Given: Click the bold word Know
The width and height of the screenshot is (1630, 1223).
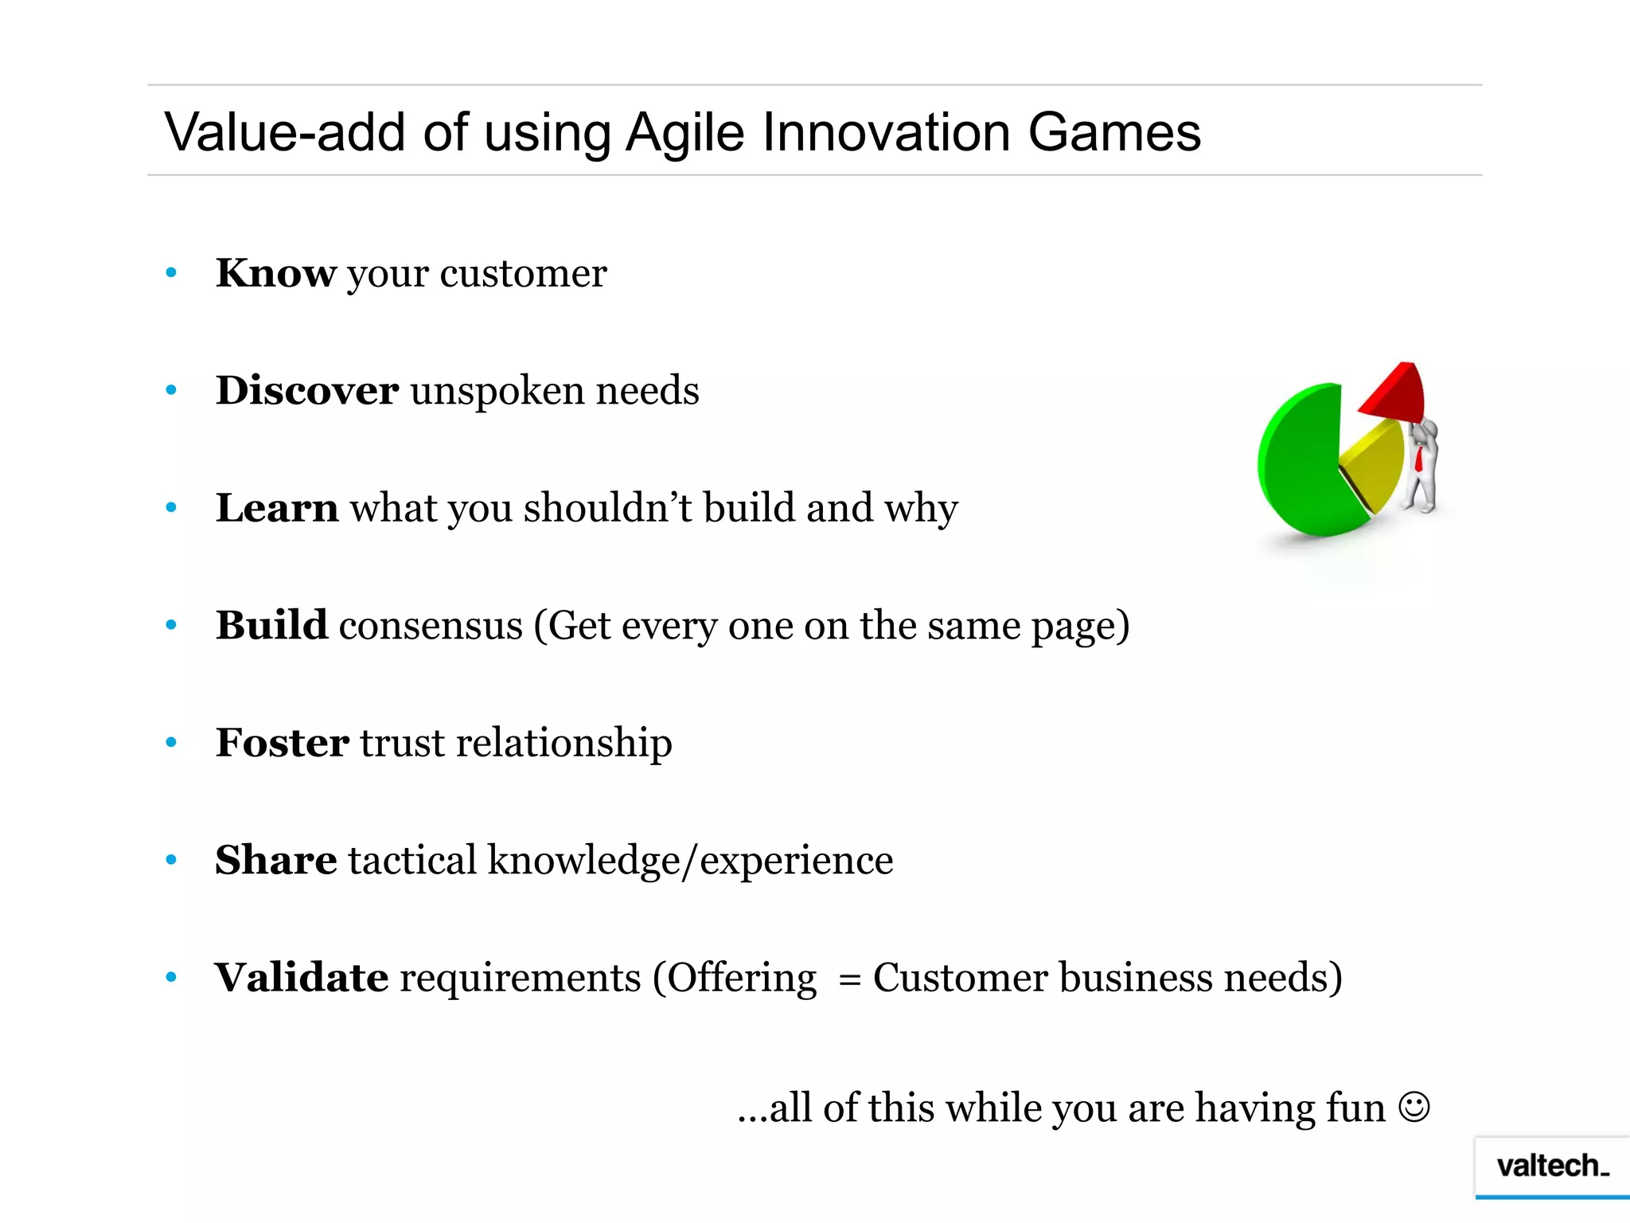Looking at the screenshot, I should (x=275, y=273).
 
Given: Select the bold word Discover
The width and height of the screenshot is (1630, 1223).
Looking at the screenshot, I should (x=306, y=390).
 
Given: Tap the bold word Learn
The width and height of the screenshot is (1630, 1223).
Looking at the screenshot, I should (x=276, y=507).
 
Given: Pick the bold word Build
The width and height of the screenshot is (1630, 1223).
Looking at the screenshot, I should (x=271, y=625).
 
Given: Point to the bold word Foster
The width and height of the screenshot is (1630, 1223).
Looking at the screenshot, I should (x=282, y=742).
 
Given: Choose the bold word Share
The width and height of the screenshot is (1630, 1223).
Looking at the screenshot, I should (x=275, y=860).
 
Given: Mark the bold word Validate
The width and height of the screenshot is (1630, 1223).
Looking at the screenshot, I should (x=301, y=977).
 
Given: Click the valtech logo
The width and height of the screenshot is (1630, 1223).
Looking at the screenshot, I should (x=1551, y=1166).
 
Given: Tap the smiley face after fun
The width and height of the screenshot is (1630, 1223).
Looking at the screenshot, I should (x=1414, y=1108).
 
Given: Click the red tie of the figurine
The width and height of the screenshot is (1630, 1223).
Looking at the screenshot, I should (x=1418, y=459).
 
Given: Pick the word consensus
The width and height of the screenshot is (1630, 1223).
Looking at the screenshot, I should (x=431, y=627).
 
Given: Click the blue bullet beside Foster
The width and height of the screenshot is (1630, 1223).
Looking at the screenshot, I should (x=170, y=743).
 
